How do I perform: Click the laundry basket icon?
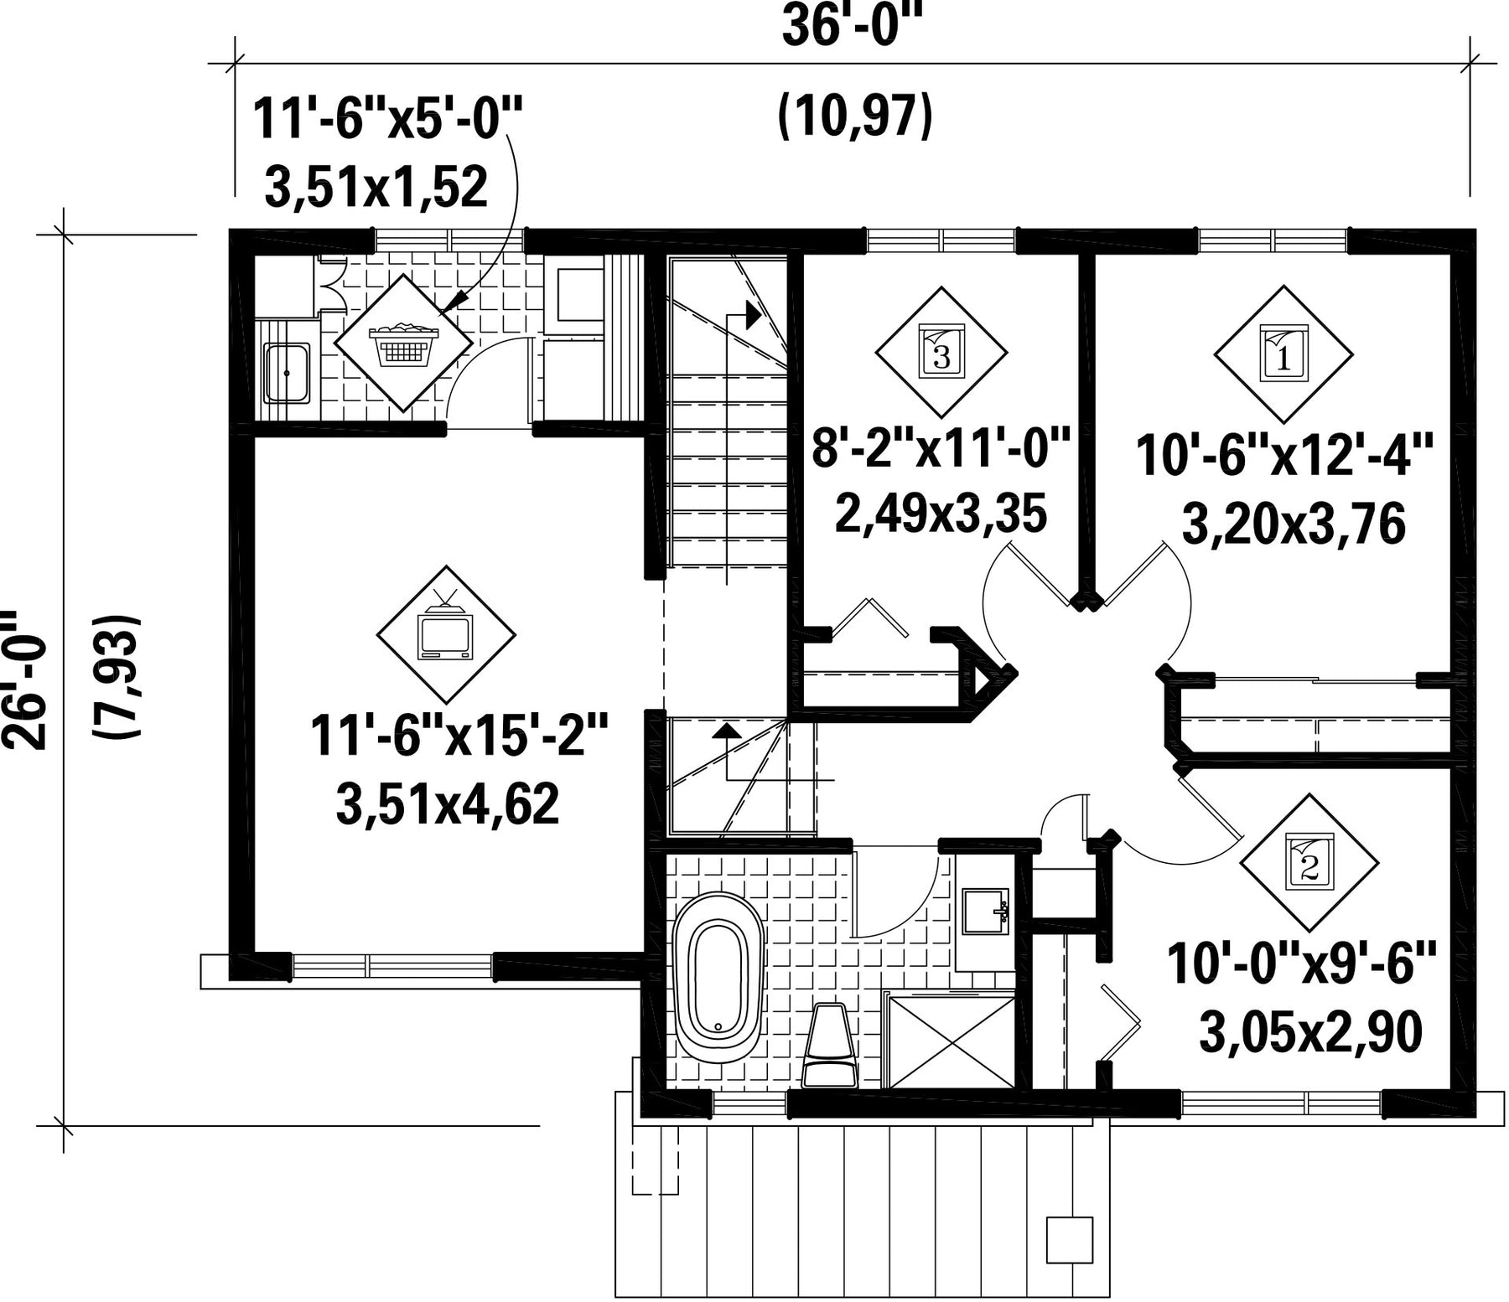[x=402, y=344]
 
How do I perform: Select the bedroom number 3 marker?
[x=941, y=352]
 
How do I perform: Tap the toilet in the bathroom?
[x=828, y=1044]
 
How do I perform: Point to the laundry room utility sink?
[x=287, y=373]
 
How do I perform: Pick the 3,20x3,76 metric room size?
[x=1293, y=525]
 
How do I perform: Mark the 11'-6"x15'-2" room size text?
[x=459, y=735]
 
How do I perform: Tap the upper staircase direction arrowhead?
[x=752, y=315]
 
